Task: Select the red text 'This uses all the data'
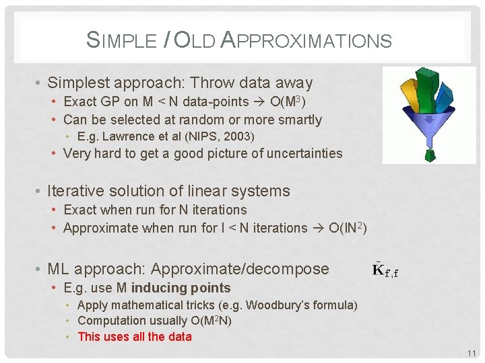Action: (135, 337)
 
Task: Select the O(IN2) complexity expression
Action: (348, 228)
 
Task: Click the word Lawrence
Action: (129, 136)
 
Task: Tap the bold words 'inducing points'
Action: (181, 288)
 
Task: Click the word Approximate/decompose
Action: (240, 270)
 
